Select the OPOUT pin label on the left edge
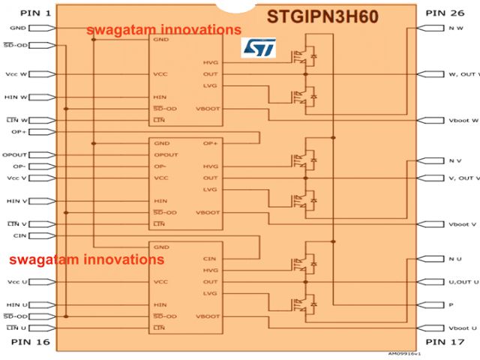[13, 154]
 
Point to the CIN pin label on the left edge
[19, 235]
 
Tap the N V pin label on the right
[454, 161]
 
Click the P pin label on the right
[451, 305]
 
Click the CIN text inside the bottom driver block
[209, 258]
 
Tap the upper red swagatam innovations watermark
[163, 30]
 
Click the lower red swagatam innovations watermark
[85, 259]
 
